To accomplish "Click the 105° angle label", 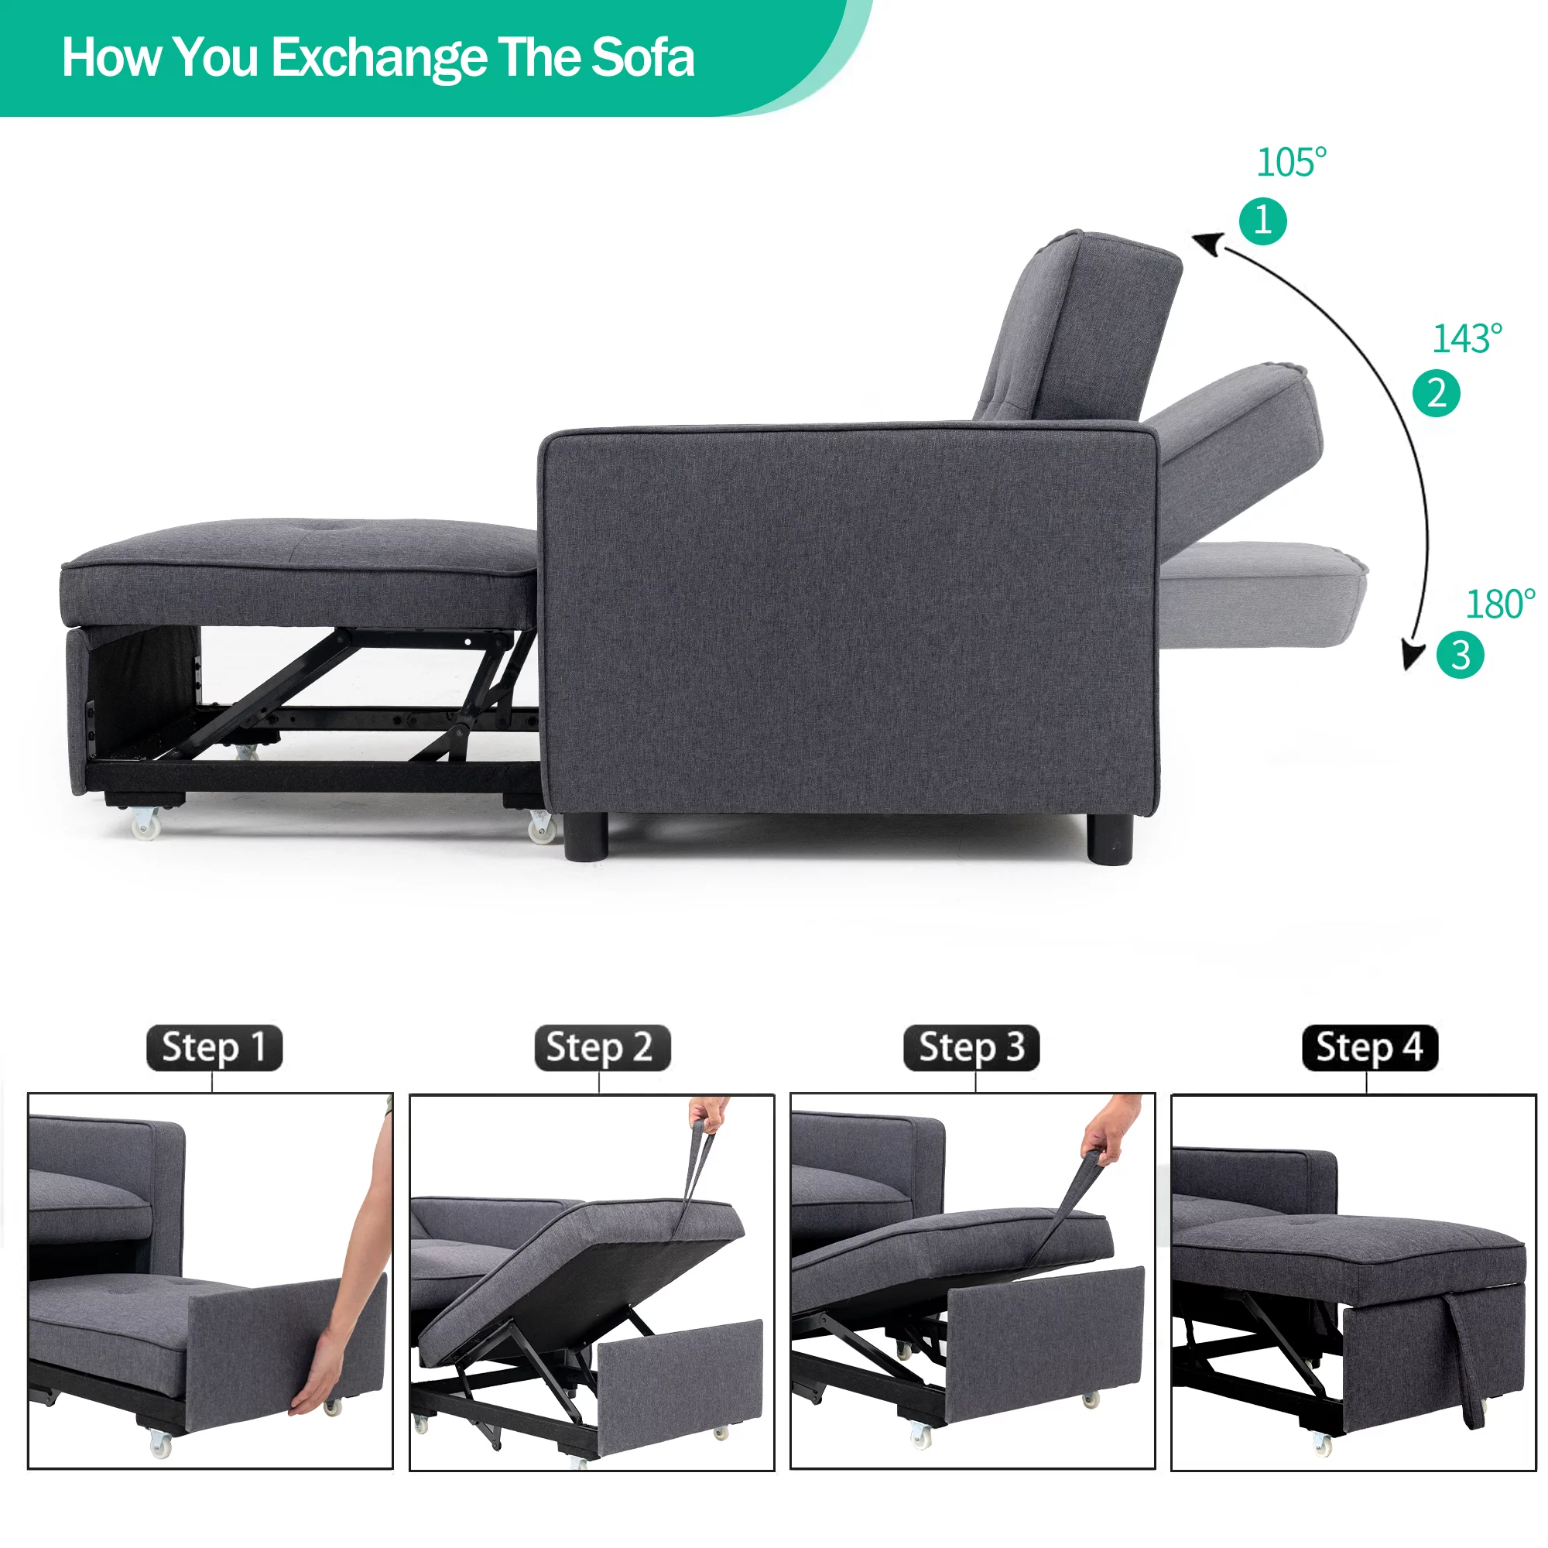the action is tap(1291, 163).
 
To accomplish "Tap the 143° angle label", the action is tap(1466, 339).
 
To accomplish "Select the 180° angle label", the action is tap(1500, 604).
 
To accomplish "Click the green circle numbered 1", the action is tap(1262, 221).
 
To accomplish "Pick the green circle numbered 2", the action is tap(1436, 393).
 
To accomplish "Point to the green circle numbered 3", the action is tap(1460, 655).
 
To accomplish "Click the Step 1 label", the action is tap(214, 1047).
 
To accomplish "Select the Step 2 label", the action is tap(601, 1047).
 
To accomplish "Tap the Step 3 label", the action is tap(971, 1047).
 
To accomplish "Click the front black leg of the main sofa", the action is tap(586, 837).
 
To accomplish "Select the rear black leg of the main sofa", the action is tap(1110, 840).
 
